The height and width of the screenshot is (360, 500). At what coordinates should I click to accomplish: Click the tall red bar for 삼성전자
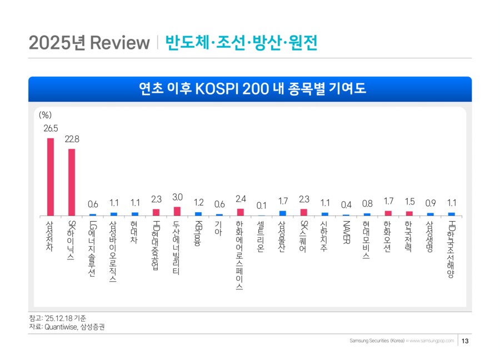[50, 177]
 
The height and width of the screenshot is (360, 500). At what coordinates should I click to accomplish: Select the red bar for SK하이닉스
[71, 182]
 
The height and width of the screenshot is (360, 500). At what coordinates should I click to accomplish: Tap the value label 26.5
[51, 128]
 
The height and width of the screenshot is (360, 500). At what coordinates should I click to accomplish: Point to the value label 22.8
[72, 139]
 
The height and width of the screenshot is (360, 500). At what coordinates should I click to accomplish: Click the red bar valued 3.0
[177, 211]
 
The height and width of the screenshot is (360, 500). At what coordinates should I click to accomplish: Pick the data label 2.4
[241, 198]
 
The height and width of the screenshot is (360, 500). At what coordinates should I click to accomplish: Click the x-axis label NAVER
[346, 233]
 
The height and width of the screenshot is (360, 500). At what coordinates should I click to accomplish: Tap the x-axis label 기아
[219, 228]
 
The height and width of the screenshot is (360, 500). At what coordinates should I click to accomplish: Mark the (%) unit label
[45, 116]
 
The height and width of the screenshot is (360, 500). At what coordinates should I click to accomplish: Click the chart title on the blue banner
[250, 89]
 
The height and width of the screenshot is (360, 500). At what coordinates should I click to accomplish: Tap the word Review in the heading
[120, 43]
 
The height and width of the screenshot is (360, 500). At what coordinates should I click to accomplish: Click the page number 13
[466, 341]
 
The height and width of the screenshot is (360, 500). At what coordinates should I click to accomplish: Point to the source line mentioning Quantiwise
[66, 327]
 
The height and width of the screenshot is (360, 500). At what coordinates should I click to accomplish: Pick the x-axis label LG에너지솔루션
[93, 249]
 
